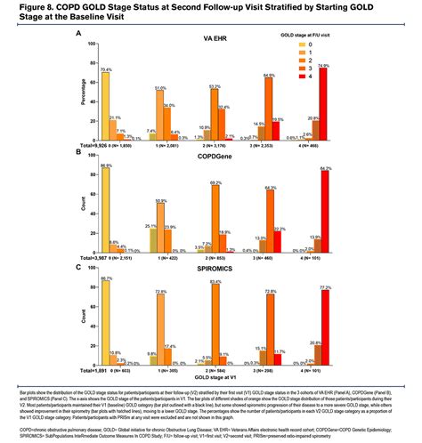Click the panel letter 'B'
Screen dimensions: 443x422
78,152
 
